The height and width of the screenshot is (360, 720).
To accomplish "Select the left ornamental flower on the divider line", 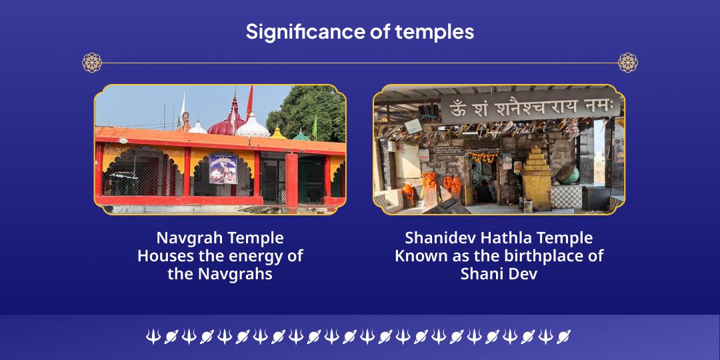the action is [x=92, y=63].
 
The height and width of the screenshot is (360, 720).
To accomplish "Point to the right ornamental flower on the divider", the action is [x=628, y=63].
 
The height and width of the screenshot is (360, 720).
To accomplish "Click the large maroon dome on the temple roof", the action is [x=227, y=125].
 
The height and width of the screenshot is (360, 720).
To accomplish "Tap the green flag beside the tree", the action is [x=315, y=127].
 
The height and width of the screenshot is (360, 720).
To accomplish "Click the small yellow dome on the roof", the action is [x=278, y=133].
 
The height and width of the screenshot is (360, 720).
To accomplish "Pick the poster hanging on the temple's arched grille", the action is [x=223, y=169].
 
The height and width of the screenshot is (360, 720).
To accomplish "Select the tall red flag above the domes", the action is [x=249, y=103].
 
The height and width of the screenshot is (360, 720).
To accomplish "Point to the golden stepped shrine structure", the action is [x=536, y=177].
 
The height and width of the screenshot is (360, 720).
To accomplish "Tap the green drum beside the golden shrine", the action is [x=569, y=175].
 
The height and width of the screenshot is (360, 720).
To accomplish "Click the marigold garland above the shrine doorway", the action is [x=484, y=157].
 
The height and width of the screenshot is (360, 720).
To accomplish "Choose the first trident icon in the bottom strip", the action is [x=153, y=337].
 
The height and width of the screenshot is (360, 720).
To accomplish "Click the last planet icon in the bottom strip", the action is [x=563, y=337].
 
